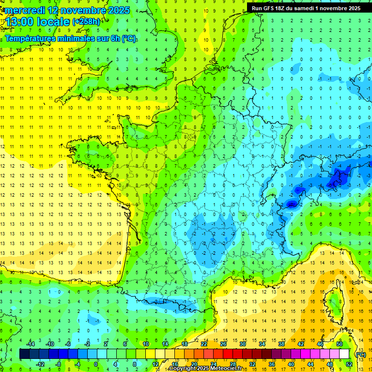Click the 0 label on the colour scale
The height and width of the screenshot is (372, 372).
[95, 364]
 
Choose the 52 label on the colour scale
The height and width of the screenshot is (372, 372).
[349, 364]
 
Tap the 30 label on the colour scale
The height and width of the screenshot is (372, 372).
[243, 344]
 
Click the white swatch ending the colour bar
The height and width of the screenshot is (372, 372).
[344, 354]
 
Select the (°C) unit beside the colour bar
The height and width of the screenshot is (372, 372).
[361, 355]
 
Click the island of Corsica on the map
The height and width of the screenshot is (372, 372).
[333, 303]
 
